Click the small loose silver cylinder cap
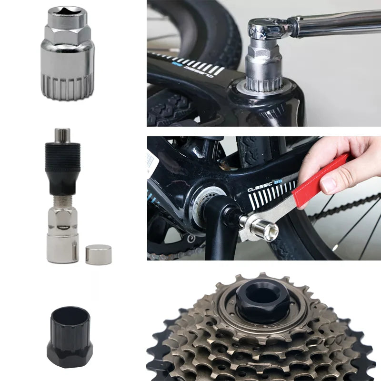pyautogui.click(x=98, y=254)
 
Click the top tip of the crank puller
pyautogui.click(x=62, y=134)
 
